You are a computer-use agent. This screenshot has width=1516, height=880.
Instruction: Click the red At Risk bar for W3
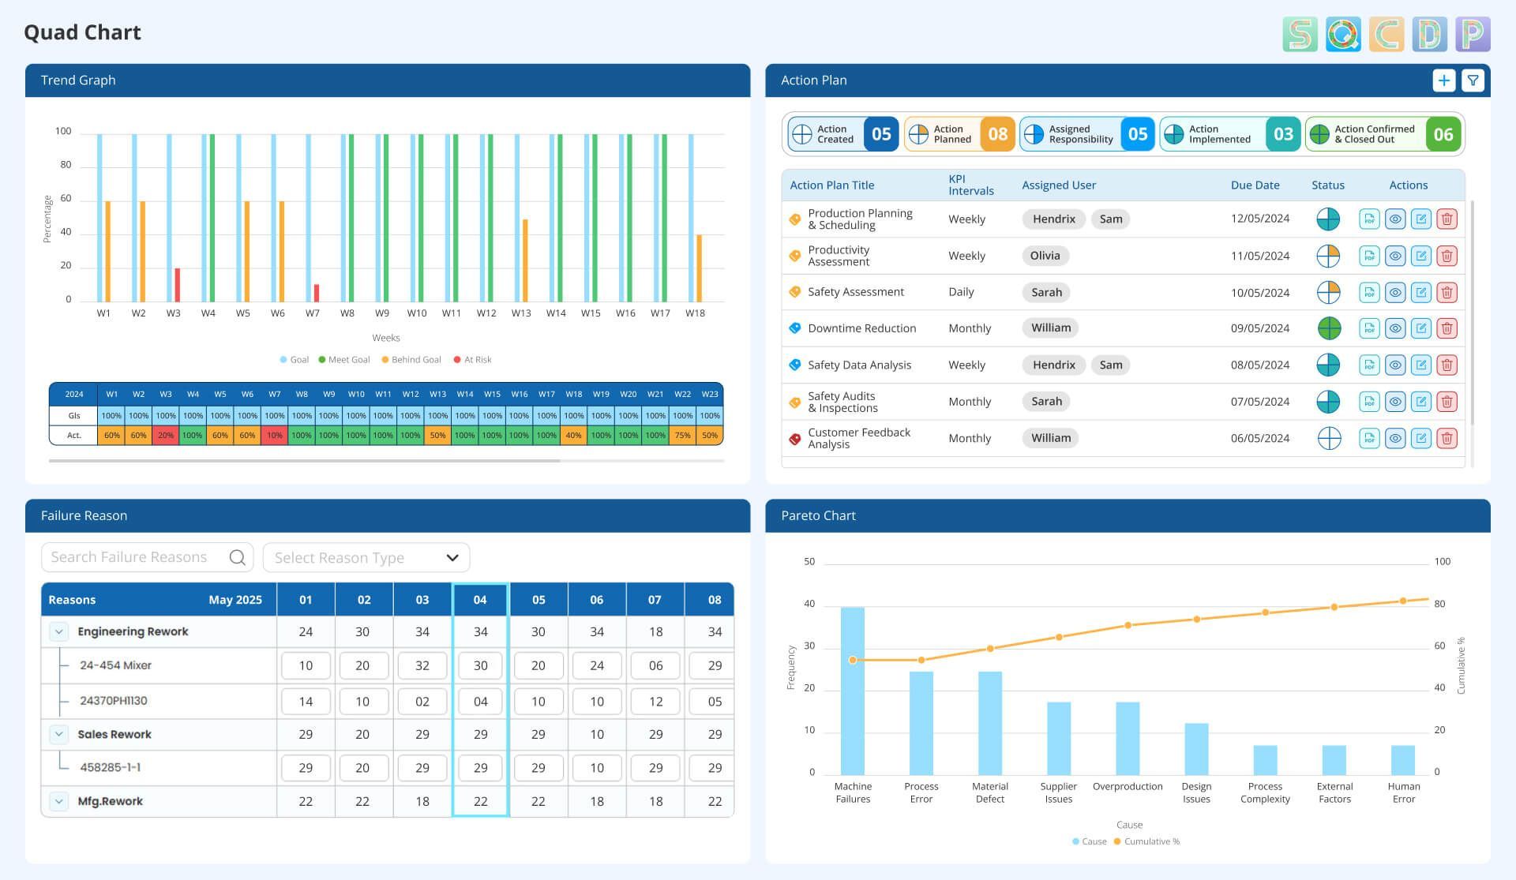(x=178, y=285)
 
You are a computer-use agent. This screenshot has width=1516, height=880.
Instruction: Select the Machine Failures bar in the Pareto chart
(x=852, y=691)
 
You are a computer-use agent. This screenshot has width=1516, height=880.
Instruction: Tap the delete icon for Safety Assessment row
(x=1447, y=293)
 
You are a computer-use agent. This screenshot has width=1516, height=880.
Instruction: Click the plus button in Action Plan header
(x=1443, y=81)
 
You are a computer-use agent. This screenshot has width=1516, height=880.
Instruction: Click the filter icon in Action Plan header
(x=1473, y=81)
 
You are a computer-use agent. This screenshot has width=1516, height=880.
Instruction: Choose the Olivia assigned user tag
(x=1045, y=256)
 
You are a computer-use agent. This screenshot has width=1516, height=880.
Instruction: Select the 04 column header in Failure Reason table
(x=480, y=600)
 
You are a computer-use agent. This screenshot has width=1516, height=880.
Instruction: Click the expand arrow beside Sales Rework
(x=58, y=735)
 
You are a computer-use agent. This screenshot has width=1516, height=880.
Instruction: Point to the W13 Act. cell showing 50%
(x=437, y=436)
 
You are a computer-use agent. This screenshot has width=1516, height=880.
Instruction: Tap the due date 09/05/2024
(x=1259, y=328)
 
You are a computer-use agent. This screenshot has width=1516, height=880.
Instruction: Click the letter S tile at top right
(x=1300, y=35)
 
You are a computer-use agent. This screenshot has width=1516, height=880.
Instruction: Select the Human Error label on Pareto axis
(x=1403, y=792)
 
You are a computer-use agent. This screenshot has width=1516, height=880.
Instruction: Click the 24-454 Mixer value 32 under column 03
(x=422, y=666)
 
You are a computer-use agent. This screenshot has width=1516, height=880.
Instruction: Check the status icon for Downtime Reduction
(x=1329, y=328)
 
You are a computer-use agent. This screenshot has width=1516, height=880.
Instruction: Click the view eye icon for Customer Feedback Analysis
(x=1394, y=439)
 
